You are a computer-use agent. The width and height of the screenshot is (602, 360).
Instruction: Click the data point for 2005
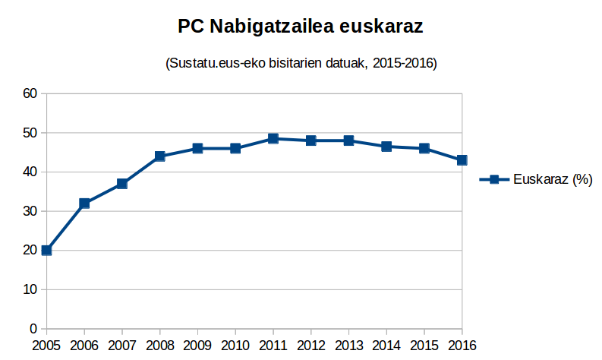pyautogui.click(x=47, y=250)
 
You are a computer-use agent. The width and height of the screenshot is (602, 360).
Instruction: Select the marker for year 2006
pyautogui.click(x=84, y=203)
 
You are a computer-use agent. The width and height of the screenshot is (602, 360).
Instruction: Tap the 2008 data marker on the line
pyautogui.click(x=159, y=156)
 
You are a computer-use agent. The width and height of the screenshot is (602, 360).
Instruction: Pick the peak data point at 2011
pyautogui.click(x=273, y=138)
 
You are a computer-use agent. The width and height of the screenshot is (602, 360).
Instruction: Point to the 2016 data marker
pyautogui.click(x=462, y=159)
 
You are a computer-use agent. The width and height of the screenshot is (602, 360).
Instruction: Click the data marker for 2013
pyautogui.click(x=348, y=141)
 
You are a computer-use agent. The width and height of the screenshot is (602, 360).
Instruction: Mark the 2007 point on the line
pyautogui.click(x=122, y=183)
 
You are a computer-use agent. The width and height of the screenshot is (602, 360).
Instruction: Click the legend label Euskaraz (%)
pyautogui.click(x=552, y=179)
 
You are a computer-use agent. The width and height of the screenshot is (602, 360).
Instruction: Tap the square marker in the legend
pyautogui.click(x=494, y=179)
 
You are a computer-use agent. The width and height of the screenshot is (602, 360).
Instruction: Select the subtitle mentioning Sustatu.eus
pyautogui.click(x=301, y=63)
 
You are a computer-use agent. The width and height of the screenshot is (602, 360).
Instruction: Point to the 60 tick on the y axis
pyautogui.click(x=30, y=93)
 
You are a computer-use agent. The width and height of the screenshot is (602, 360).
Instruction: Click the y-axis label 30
pyautogui.click(x=30, y=211)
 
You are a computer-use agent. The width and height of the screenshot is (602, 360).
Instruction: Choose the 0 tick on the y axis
pyautogui.click(x=33, y=329)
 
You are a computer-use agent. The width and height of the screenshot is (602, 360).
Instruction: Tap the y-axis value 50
pyautogui.click(x=30, y=133)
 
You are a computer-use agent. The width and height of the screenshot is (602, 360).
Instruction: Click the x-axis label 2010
pyautogui.click(x=235, y=346)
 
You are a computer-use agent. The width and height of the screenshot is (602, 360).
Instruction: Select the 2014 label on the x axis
pyautogui.click(x=386, y=346)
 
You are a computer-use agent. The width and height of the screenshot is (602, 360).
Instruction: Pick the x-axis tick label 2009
pyautogui.click(x=197, y=346)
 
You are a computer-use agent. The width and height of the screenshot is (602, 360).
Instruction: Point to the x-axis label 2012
pyautogui.click(x=310, y=346)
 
